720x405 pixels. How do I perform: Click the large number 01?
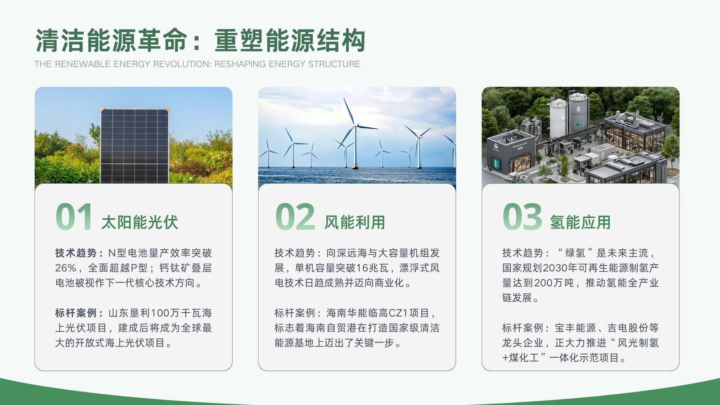pos(74,216)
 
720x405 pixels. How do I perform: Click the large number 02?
pos(295,216)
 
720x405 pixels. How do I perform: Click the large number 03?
pos(522,216)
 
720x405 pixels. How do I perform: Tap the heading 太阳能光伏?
pos(139,222)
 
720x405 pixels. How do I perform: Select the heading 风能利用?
pos(355,222)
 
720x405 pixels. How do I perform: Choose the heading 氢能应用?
pos(580,222)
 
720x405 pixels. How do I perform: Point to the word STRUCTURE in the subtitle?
pos(334,64)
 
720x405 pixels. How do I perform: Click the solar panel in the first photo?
pos(135,146)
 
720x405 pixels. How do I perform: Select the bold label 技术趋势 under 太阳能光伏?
pos(76,253)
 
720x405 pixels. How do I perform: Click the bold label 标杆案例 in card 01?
pos(76,313)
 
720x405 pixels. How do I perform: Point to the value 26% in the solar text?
pos(66,268)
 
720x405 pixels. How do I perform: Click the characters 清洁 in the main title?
pos(60,40)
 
